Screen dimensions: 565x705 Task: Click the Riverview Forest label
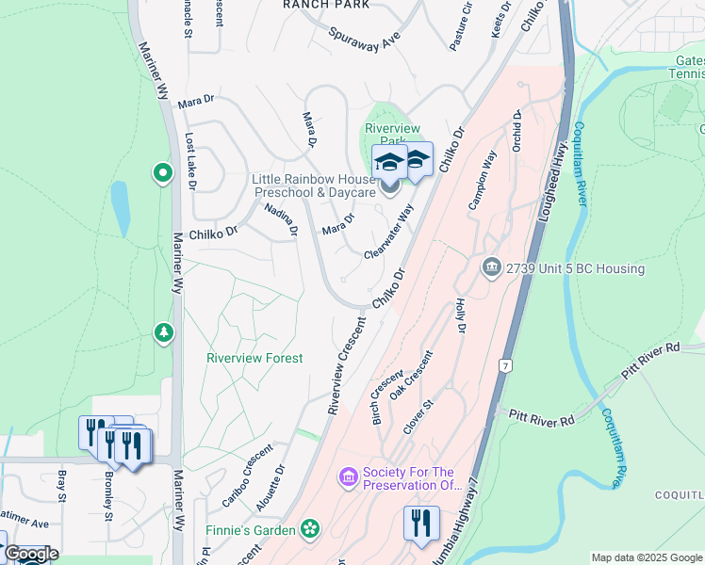click(x=254, y=358)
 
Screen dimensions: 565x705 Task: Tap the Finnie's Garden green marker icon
click(x=310, y=530)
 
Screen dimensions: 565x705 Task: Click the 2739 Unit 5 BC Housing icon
click(x=491, y=268)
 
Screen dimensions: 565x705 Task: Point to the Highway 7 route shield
click(x=506, y=364)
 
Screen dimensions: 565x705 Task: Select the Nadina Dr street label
click(x=281, y=218)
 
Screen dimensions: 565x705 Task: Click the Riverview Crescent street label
click(x=346, y=365)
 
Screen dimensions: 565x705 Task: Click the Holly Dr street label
click(x=461, y=315)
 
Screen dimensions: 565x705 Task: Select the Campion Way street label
click(x=483, y=180)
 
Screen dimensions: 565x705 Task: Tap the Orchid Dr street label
click(x=516, y=132)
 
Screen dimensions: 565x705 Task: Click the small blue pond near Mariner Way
click(x=120, y=206)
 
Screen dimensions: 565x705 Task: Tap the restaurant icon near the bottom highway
click(x=420, y=523)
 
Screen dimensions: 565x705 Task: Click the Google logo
click(x=30, y=554)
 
